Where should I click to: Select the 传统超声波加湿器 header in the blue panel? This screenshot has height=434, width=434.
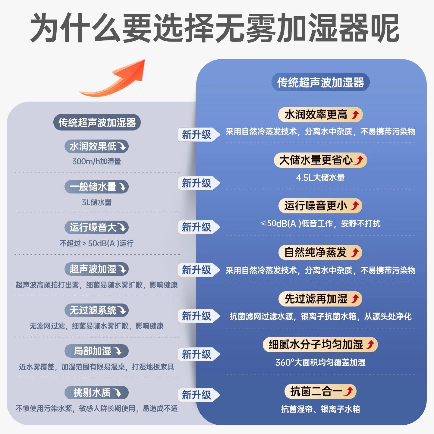pos(320,82)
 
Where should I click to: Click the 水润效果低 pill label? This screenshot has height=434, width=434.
pos(96,146)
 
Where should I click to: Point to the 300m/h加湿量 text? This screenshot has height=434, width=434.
pos(96,162)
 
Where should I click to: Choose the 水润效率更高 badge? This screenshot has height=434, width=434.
pos(320,115)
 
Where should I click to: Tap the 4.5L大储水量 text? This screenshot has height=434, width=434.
pos(320,178)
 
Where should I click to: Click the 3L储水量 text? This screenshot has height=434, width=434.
pos(96,202)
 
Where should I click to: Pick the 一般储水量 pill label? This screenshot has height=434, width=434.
pos(96,187)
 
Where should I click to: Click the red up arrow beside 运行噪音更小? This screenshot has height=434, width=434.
pos(355,206)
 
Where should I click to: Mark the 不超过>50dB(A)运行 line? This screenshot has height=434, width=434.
pos(96,243)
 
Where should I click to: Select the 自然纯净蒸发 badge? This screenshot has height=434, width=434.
pos(320,253)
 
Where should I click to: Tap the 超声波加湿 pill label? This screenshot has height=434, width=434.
pos(96,269)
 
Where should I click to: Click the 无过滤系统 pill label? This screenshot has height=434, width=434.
pos(96,310)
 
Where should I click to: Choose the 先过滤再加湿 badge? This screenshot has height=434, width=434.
pos(320,299)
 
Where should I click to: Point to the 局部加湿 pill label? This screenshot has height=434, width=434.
pos(96,351)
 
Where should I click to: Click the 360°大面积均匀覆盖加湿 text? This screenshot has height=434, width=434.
pos(320,362)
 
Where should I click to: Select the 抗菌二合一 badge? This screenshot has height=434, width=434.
pos(320,392)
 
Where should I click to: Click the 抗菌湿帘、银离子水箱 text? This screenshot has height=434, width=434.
pos(320,409)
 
